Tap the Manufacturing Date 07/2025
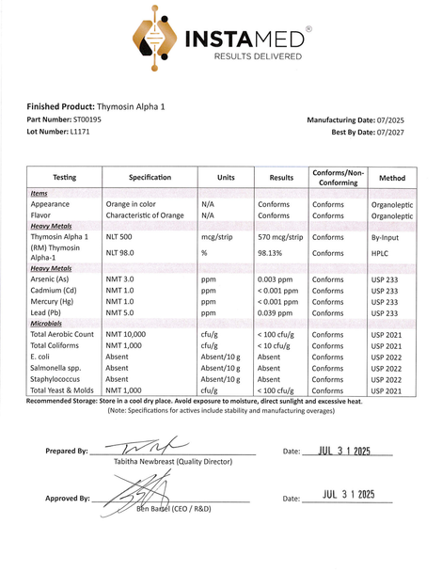coord(394,120)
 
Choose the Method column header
coord(391,177)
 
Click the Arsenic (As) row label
coord(55,279)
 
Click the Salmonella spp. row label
coord(59,368)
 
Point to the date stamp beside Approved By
coord(348,494)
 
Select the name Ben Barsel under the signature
coord(156,508)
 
